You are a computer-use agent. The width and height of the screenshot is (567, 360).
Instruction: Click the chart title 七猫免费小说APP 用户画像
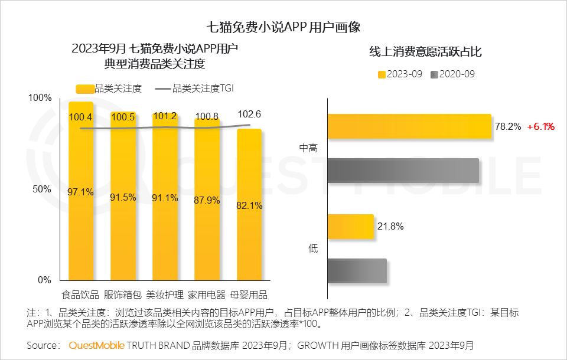point(283,27)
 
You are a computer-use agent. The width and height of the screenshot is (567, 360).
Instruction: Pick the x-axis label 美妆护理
point(165,294)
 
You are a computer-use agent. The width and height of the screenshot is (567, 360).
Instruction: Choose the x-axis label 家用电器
point(207,294)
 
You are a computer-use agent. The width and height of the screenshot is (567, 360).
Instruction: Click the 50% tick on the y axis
point(41,189)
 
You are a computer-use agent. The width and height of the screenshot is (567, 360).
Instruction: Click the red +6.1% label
point(540,126)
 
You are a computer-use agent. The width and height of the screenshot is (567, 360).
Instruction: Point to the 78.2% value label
point(507,126)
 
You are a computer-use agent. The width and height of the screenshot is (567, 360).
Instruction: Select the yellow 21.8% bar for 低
point(350,227)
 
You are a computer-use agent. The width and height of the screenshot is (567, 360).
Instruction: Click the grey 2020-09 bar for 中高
point(402,171)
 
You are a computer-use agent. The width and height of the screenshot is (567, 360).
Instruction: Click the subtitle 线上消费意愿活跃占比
point(425,52)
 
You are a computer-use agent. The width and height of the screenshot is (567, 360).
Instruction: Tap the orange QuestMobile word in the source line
point(96,345)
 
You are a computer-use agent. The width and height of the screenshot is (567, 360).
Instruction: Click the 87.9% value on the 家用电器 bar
point(207,201)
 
